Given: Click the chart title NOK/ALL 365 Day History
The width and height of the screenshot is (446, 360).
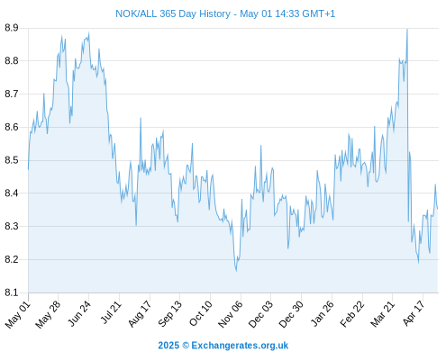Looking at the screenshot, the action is point(173,13).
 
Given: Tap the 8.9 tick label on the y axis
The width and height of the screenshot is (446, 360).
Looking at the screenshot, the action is point(12,28).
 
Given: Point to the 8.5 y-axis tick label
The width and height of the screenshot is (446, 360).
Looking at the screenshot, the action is point(12,160).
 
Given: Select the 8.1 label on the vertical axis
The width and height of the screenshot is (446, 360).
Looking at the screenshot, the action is point(12,292).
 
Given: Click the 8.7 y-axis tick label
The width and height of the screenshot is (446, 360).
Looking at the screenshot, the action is point(12,94).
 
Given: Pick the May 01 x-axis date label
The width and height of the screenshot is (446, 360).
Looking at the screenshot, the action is point(18,314).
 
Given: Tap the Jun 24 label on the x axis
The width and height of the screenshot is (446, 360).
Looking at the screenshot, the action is point(79,314).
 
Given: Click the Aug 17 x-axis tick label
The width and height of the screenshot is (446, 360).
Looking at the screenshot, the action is point(140,314).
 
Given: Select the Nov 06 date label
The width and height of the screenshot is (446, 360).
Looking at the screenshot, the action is point(230,314).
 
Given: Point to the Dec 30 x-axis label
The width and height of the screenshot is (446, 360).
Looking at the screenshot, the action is point(291,314).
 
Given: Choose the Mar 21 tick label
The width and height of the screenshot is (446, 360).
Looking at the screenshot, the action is point(382,314).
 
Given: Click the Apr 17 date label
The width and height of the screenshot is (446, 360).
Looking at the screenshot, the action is point(414,313).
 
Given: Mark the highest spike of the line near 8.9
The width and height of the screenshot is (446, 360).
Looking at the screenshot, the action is point(407,29).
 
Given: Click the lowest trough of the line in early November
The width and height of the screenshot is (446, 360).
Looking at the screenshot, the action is point(236,271).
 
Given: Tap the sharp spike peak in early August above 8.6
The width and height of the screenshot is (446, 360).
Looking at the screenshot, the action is point(141,118).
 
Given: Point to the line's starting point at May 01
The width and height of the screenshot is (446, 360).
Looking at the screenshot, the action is point(29,169).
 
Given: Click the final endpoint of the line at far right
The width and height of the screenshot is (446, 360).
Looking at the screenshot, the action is point(438,209).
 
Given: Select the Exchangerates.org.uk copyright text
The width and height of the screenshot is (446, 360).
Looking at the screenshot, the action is point(223,346).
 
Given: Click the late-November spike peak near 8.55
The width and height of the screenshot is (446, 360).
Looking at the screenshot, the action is point(260,146).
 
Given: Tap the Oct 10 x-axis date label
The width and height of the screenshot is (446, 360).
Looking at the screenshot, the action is point(200,313).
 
